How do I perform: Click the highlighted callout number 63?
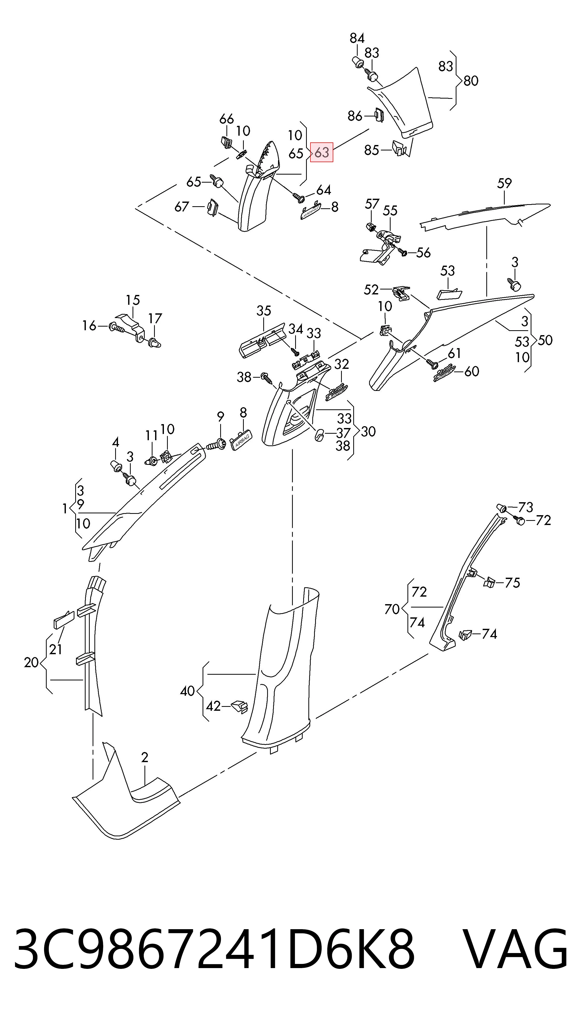pos(322,152)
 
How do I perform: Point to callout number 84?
pos(357,38)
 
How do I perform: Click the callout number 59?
pos(504,183)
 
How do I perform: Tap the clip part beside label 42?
pos(239,706)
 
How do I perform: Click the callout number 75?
pos(512,583)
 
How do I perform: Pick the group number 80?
pos(471,81)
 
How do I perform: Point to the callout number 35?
pos(264,311)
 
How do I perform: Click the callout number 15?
pos(133,300)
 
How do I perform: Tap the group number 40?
pos(188,691)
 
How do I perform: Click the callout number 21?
pos(56,650)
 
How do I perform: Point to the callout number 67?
pos(182,207)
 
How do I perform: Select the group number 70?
pos(392,609)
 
